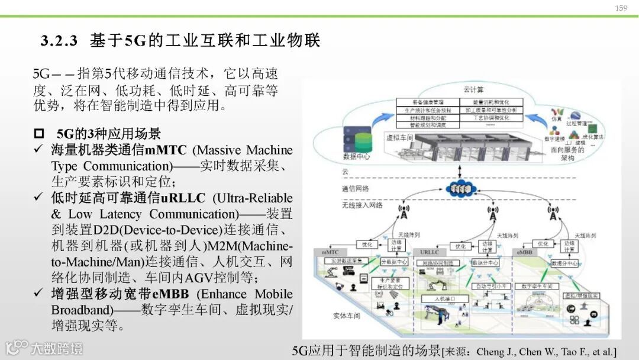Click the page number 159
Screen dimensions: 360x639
point(621,8)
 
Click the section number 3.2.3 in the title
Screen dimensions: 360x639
point(59,41)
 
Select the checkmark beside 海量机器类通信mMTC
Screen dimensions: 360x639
point(39,150)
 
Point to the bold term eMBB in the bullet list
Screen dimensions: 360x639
point(172,294)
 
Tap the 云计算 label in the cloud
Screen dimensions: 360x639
point(473,90)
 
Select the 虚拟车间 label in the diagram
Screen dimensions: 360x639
point(398,137)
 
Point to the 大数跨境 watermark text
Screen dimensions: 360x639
point(57,348)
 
